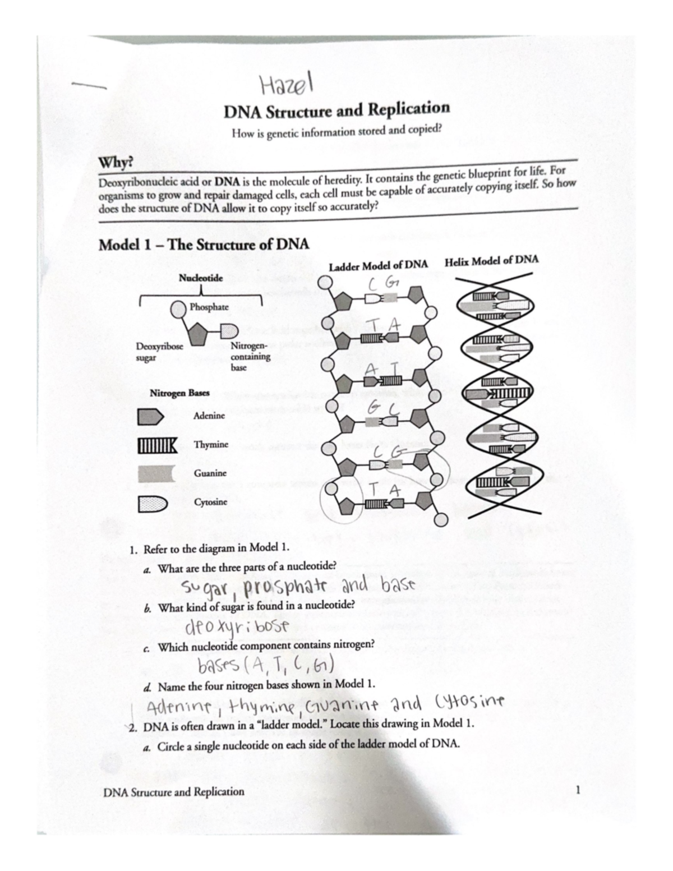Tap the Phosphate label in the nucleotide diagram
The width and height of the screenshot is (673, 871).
tap(209, 307)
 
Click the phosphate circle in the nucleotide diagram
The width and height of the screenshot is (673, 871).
tap(178, 308)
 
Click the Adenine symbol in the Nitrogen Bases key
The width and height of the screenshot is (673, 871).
tap(150, 416)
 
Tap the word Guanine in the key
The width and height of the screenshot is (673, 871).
tap(210, 473)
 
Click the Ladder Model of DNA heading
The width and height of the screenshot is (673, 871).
tap(378, 265)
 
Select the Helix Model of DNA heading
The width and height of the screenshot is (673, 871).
tap(491, 261)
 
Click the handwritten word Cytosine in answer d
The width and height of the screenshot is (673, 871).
tap(469, 701)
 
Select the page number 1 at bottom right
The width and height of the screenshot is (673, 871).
tap(577, 791)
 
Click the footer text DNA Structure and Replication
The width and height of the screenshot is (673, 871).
tap(174, 792)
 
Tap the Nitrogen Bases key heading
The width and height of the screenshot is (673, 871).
tap(179, 393)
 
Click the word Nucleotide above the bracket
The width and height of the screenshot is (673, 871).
tap(201, 278)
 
